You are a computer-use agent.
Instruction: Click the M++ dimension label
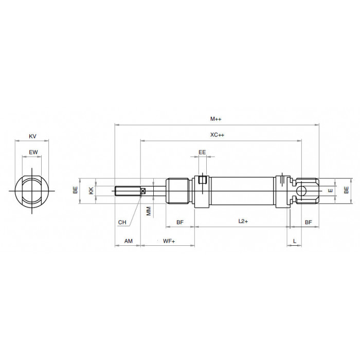(216, 119)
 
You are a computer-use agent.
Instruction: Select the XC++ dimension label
(217, 135)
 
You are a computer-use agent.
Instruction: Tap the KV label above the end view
(32, 136)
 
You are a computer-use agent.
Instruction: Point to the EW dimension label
(33, 152)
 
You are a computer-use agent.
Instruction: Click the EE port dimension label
(202, 152)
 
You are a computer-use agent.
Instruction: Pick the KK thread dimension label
(92, 191)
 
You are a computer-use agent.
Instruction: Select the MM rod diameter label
(149, 211)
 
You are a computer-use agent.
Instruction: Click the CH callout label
(122, 222)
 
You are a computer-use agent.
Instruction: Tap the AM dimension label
(129, 241)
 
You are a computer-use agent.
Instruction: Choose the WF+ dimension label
(169, 241)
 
